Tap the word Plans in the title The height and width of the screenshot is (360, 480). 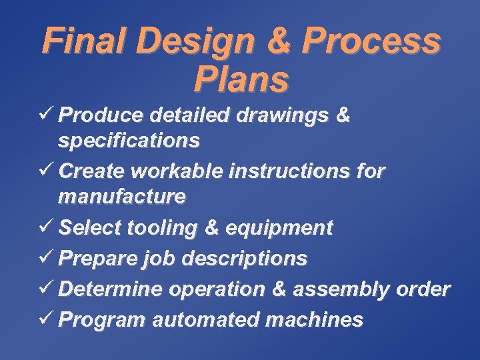(x=241, y=79)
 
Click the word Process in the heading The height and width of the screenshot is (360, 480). (x=371, y=41)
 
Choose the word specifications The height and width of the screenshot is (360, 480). (x=129, y=141)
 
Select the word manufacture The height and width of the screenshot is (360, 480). (x=122, y=197)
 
